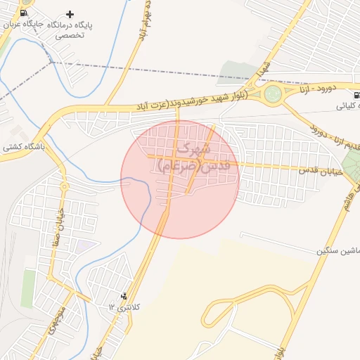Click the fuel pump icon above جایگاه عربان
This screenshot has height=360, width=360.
[25, 13]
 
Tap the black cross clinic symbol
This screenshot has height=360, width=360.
[70, 14]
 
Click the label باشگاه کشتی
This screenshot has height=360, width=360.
[24, 148]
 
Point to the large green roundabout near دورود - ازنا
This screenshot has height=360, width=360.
[273, 94]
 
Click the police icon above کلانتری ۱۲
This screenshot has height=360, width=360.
[125, 296]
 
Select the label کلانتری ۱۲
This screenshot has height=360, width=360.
[124, 307]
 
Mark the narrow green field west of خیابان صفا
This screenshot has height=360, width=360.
[28, 288]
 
